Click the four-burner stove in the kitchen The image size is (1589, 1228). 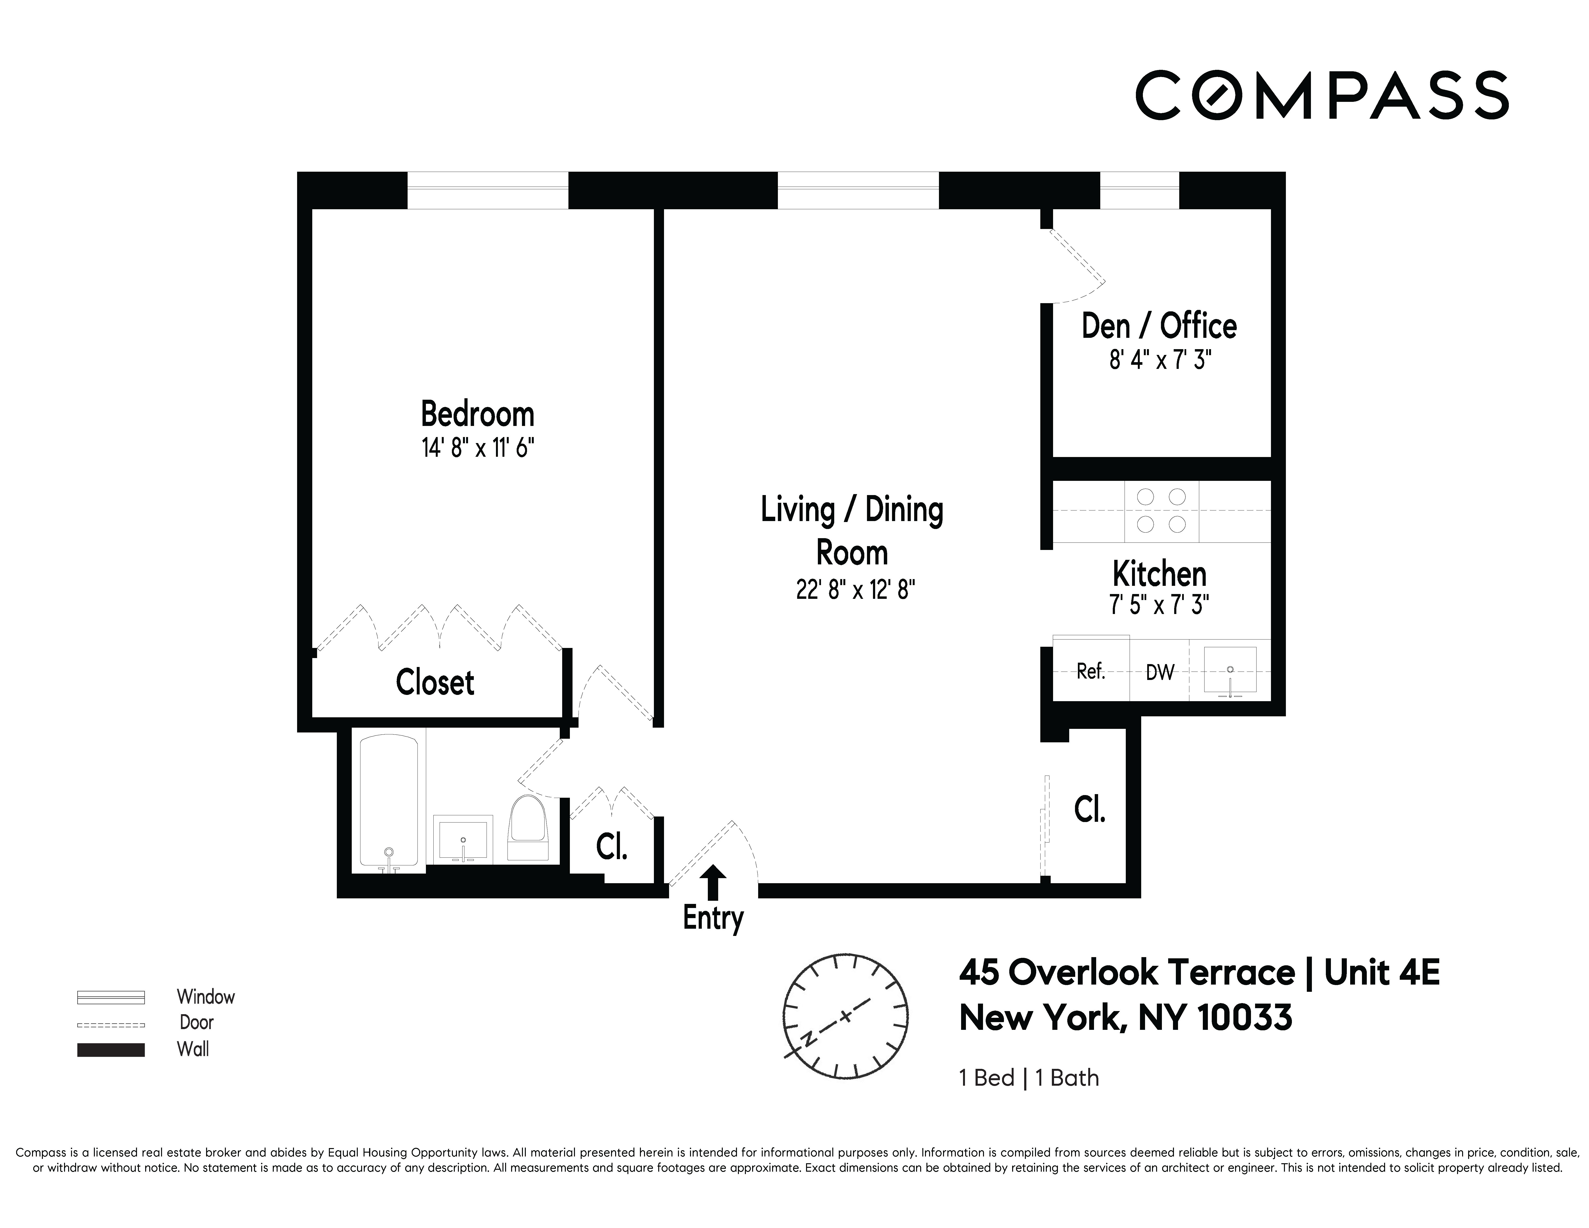click(1161, 511)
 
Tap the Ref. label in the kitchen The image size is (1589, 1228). click(1091, 672)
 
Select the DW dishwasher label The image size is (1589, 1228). click(1160, 672)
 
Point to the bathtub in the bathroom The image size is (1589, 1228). click(389, 800)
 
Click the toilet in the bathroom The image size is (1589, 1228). click(528, 829)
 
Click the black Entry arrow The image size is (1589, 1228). click(714, 882)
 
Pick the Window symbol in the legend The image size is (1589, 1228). click(111, 997)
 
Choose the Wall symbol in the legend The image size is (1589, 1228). click(111, 1050)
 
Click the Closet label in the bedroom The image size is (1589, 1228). click(434, 682)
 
